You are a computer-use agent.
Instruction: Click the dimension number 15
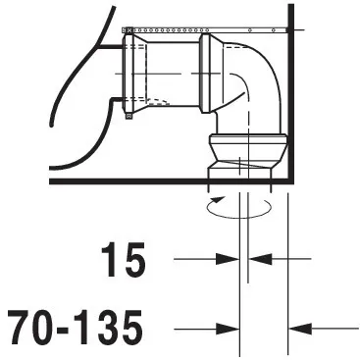click(124, 260)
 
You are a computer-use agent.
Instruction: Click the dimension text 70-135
click(75, 328)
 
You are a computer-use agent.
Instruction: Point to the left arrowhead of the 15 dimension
click(228, 259)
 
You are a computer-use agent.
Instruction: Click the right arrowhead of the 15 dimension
click(260, 259)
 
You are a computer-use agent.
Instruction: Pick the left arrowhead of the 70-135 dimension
click(228, 329)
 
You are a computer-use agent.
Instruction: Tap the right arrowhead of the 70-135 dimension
click(300, 329)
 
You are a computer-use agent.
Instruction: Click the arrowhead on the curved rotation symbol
click(218, 199)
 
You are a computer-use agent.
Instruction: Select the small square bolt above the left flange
click(129, 30)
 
